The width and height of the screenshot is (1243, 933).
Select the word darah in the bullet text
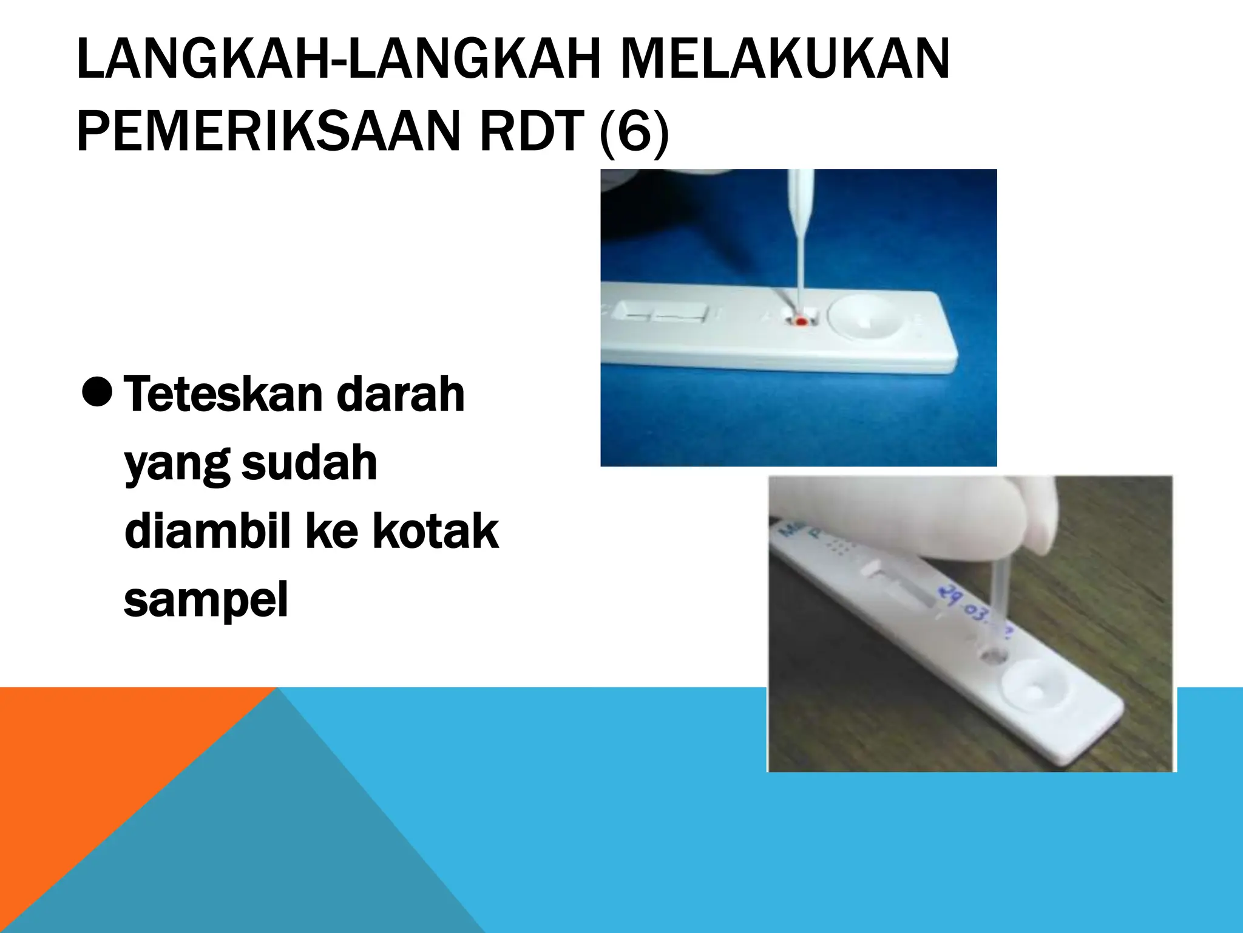pyautogui.click(x=401, y=395)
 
